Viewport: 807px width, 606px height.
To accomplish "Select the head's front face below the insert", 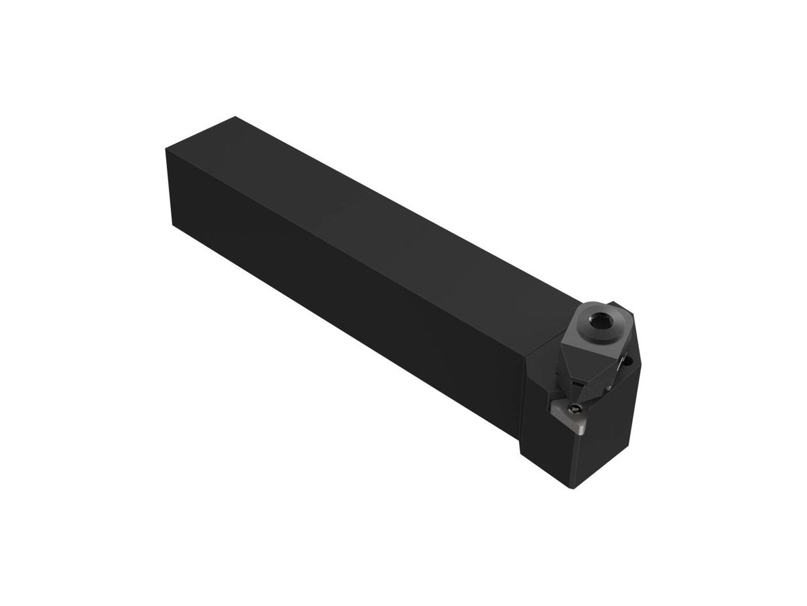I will point(548,458).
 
